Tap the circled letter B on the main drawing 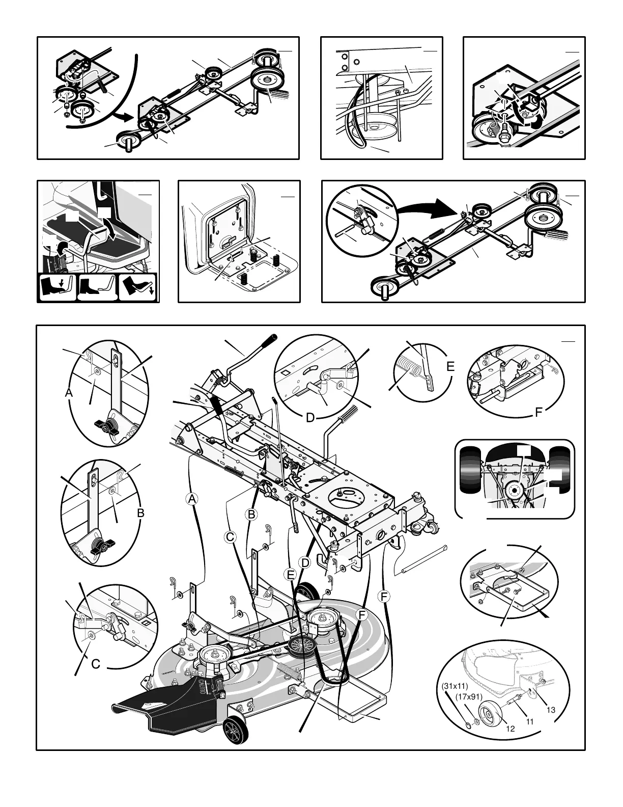(x=251, y=514)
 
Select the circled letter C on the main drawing (x=230, y=536)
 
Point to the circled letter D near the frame (x=304, y=562)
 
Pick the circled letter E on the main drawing (x=291, y=575)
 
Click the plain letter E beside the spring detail (x=450, y=366)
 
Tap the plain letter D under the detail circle (x=310, y=418)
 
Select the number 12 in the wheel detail (x=511, y=729)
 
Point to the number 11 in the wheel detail (x=529, y=721)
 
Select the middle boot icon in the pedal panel (x=98, y=288)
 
